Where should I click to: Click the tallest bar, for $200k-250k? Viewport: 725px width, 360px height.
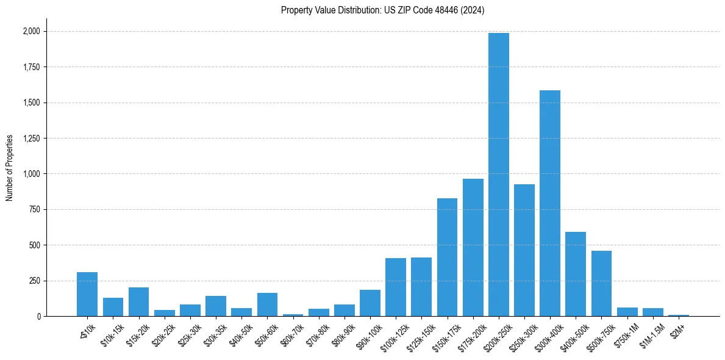click(498, 175)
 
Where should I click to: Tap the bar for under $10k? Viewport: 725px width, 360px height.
click(87, 294)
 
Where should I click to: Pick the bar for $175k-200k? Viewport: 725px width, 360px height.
click(473, 248)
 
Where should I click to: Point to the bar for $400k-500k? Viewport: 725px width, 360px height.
click(576, 274)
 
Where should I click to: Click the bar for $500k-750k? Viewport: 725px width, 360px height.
click(601, 284)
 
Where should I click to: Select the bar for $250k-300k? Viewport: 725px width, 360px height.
click(524, 250)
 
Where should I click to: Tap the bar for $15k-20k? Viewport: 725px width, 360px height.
click(138, 302)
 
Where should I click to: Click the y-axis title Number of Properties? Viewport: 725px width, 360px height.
click(10, 168)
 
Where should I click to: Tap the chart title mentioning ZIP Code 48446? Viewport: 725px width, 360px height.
click(382, 10)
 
